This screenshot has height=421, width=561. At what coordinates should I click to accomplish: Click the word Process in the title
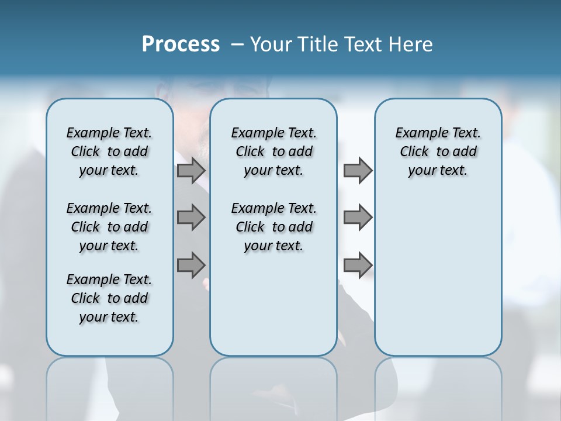[181, 44]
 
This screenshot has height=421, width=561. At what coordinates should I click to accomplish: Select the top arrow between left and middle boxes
[191, 171]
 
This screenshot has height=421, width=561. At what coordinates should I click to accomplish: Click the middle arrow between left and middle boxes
[191, 218]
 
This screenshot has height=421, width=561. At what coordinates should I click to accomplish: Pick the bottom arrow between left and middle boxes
[191, 265]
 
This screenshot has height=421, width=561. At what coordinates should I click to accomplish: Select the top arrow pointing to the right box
[358, 171]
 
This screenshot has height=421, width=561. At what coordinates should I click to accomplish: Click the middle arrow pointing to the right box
[358, 218]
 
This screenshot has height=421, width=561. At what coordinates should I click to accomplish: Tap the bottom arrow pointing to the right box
[358, 265]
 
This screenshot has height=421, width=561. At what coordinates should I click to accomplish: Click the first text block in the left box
[109, 151]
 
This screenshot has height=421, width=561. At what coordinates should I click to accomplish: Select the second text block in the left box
[109, 227]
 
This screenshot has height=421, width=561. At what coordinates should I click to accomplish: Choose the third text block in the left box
[109, 298]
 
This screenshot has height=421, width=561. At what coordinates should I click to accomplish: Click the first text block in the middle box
[273, 151]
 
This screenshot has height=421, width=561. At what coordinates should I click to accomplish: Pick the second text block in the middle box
[273, 227]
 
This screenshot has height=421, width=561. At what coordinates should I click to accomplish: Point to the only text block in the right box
[438, 151]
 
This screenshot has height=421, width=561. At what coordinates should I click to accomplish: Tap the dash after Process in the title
[237, 44]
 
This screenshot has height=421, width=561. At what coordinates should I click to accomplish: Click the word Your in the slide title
[271, 44]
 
